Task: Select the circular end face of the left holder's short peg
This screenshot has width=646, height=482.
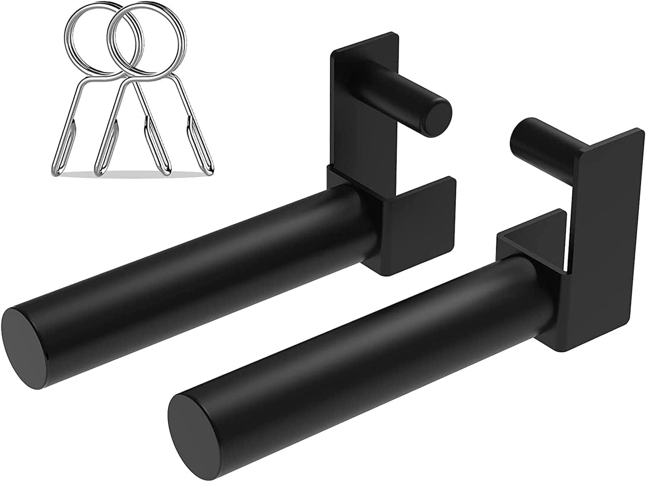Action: coord(437,114)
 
